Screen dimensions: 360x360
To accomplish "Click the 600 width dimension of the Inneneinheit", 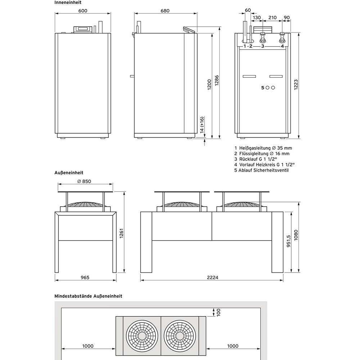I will pyautogui.click(x=83, y=11).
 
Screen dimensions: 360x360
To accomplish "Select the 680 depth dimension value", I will pyautogui.click(x=165, y=11).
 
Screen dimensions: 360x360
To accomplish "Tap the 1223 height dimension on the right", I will pyautogui.click(x=296, y=86).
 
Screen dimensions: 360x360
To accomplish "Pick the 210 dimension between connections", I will pyautogui.click(x=273, y=17).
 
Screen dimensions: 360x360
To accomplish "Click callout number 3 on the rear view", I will pyautogui.click(x=262, y=46).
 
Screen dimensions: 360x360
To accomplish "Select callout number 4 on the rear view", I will pyautogui.click(x=282, y=46).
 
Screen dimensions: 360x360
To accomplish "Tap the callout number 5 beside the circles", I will pyautogui.click(x=262, y=88).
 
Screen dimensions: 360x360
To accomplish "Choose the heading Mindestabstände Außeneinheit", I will pyautogui.click(x=88, y=296).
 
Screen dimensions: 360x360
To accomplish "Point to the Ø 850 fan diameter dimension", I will pyautogui.click(x=84, y=181).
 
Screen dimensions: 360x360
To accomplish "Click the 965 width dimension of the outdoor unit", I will pyautogui.click(x=85, y=277).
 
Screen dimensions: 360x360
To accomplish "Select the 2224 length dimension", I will pyautogui.click(x=212, y=277).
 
